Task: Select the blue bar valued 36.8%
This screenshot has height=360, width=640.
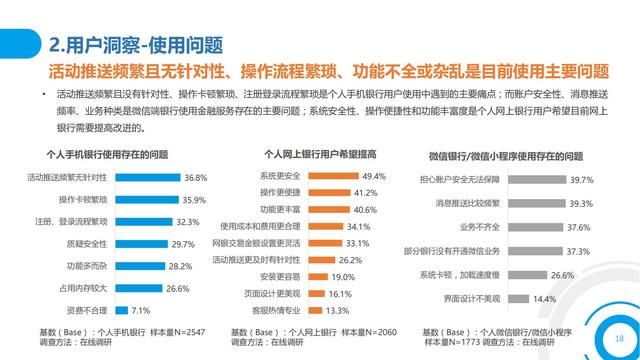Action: click(x=149, y=176)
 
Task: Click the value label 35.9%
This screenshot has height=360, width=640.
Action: click(x=194, y=199)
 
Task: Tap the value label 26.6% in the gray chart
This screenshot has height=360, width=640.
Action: click(x=562, y=275)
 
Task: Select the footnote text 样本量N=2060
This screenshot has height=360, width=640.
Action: click(x=367, y=331)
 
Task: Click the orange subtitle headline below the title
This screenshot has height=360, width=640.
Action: click(x=329, y=71)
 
